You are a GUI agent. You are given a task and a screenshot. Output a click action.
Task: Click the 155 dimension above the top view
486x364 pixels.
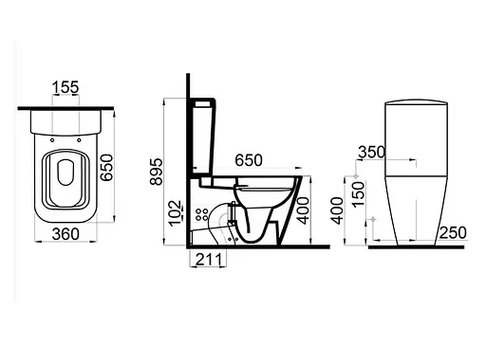tap(65, 87)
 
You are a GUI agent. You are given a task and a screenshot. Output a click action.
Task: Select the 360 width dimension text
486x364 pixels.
tap(65, 234)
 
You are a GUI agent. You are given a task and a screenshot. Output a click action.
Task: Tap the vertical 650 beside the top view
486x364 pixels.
tap(106, 168)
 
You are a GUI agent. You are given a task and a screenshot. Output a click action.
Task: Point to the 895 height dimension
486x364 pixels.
tap(156, 172)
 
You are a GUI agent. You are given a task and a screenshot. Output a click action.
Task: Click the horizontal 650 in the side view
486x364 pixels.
tap(249, 160)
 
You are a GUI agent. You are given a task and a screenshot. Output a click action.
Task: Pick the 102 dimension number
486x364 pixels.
tap(175, 213)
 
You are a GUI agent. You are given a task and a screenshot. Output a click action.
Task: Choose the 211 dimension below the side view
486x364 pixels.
tap(209, 260)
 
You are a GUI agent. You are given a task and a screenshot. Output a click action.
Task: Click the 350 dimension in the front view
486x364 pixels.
tap(372, 152)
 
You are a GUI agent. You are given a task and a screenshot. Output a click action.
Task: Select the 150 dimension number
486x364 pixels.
tap(359, 194)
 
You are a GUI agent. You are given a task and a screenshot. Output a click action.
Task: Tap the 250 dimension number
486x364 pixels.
tap(453, 233)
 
